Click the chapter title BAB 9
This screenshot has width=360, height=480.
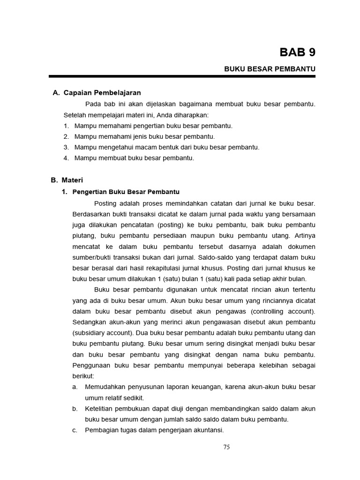(297, 52)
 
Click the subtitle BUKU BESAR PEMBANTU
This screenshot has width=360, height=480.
(270, 69)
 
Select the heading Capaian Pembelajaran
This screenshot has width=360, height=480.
(102, 93)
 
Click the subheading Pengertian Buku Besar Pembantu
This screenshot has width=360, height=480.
(126, 192)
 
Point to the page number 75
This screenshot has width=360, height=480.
(226, 447)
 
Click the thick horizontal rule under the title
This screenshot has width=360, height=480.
(182, 76)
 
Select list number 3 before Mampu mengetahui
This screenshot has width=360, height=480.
(66, 147)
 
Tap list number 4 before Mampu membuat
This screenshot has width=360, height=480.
(66, 158)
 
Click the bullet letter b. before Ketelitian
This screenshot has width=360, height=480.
(75, 409)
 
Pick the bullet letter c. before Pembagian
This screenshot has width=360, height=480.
(75, 430)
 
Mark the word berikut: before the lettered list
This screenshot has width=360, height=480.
(83, 376)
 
